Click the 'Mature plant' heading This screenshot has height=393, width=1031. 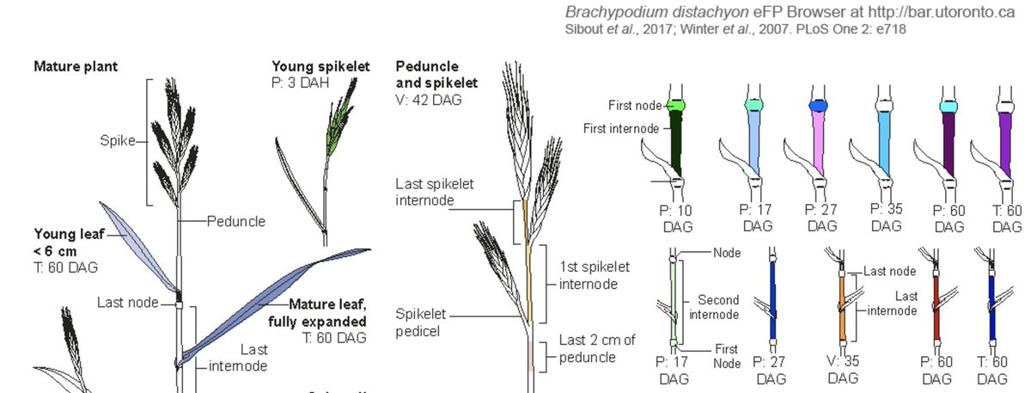tap(76, 65)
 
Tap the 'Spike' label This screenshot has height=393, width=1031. tap(117, 141)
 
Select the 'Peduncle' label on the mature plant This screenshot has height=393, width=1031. tap(235, 221)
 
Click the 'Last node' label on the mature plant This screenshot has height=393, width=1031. tap(129, 303)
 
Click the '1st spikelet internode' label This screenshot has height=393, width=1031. tap(594, 274)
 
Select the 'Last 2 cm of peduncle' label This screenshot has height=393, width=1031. tap(597, 348)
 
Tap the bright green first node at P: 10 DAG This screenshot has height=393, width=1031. tap(676, 106)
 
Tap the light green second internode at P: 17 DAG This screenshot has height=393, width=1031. tap(676, 301)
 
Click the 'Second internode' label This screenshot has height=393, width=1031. tap(717, 307)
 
